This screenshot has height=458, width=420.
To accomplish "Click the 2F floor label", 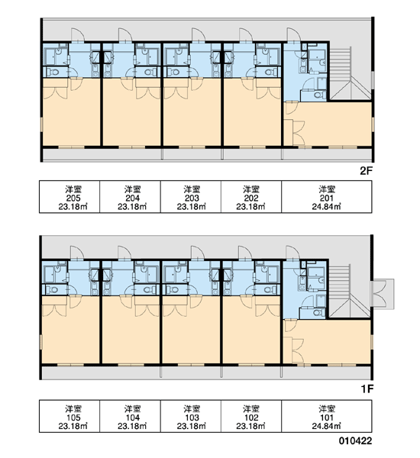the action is pos(367,171).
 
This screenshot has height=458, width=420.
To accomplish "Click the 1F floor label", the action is pos(367,389).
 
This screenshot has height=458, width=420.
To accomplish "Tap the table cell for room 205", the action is pos(69,197).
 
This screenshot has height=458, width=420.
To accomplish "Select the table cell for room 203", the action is pos(191,197).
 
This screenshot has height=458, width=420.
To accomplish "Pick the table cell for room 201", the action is pos(327,197).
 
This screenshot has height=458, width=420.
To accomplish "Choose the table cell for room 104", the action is pos(131,416).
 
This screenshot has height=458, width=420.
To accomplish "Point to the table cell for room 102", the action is pos(251,416).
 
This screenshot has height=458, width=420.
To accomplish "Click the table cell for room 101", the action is pos(327,416).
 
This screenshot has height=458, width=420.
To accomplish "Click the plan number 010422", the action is pos(355,440).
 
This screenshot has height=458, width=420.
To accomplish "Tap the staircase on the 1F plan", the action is pos(350,292).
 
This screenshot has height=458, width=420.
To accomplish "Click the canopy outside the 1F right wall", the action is pos(383,294).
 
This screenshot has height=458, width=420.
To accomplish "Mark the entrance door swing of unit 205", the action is pos(78,35).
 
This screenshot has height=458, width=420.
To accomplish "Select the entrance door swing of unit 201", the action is pos(294,35).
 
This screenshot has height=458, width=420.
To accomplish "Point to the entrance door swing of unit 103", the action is pos(198,253).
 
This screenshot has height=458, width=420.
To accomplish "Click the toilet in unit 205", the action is pos(53,72).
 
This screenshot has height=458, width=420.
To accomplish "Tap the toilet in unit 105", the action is pos(53,290).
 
